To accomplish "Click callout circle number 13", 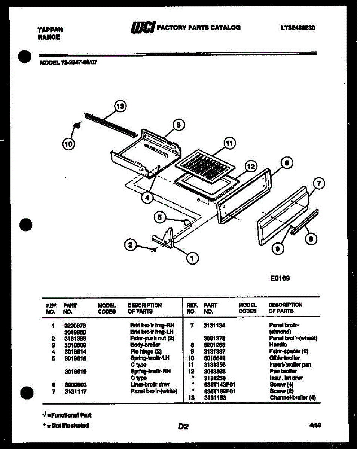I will (x=120, y=106).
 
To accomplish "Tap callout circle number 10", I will (x=69, y=144).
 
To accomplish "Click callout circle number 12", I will (x=251, y=166).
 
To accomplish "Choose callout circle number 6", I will (x=286, y=163).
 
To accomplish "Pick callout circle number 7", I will (x=318, y=184).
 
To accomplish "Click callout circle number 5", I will (x=160, y=217).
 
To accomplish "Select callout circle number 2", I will (x=130, y=245).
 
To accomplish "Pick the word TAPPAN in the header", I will (x=51, y=30).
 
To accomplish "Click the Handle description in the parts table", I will (x=278, y=345).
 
